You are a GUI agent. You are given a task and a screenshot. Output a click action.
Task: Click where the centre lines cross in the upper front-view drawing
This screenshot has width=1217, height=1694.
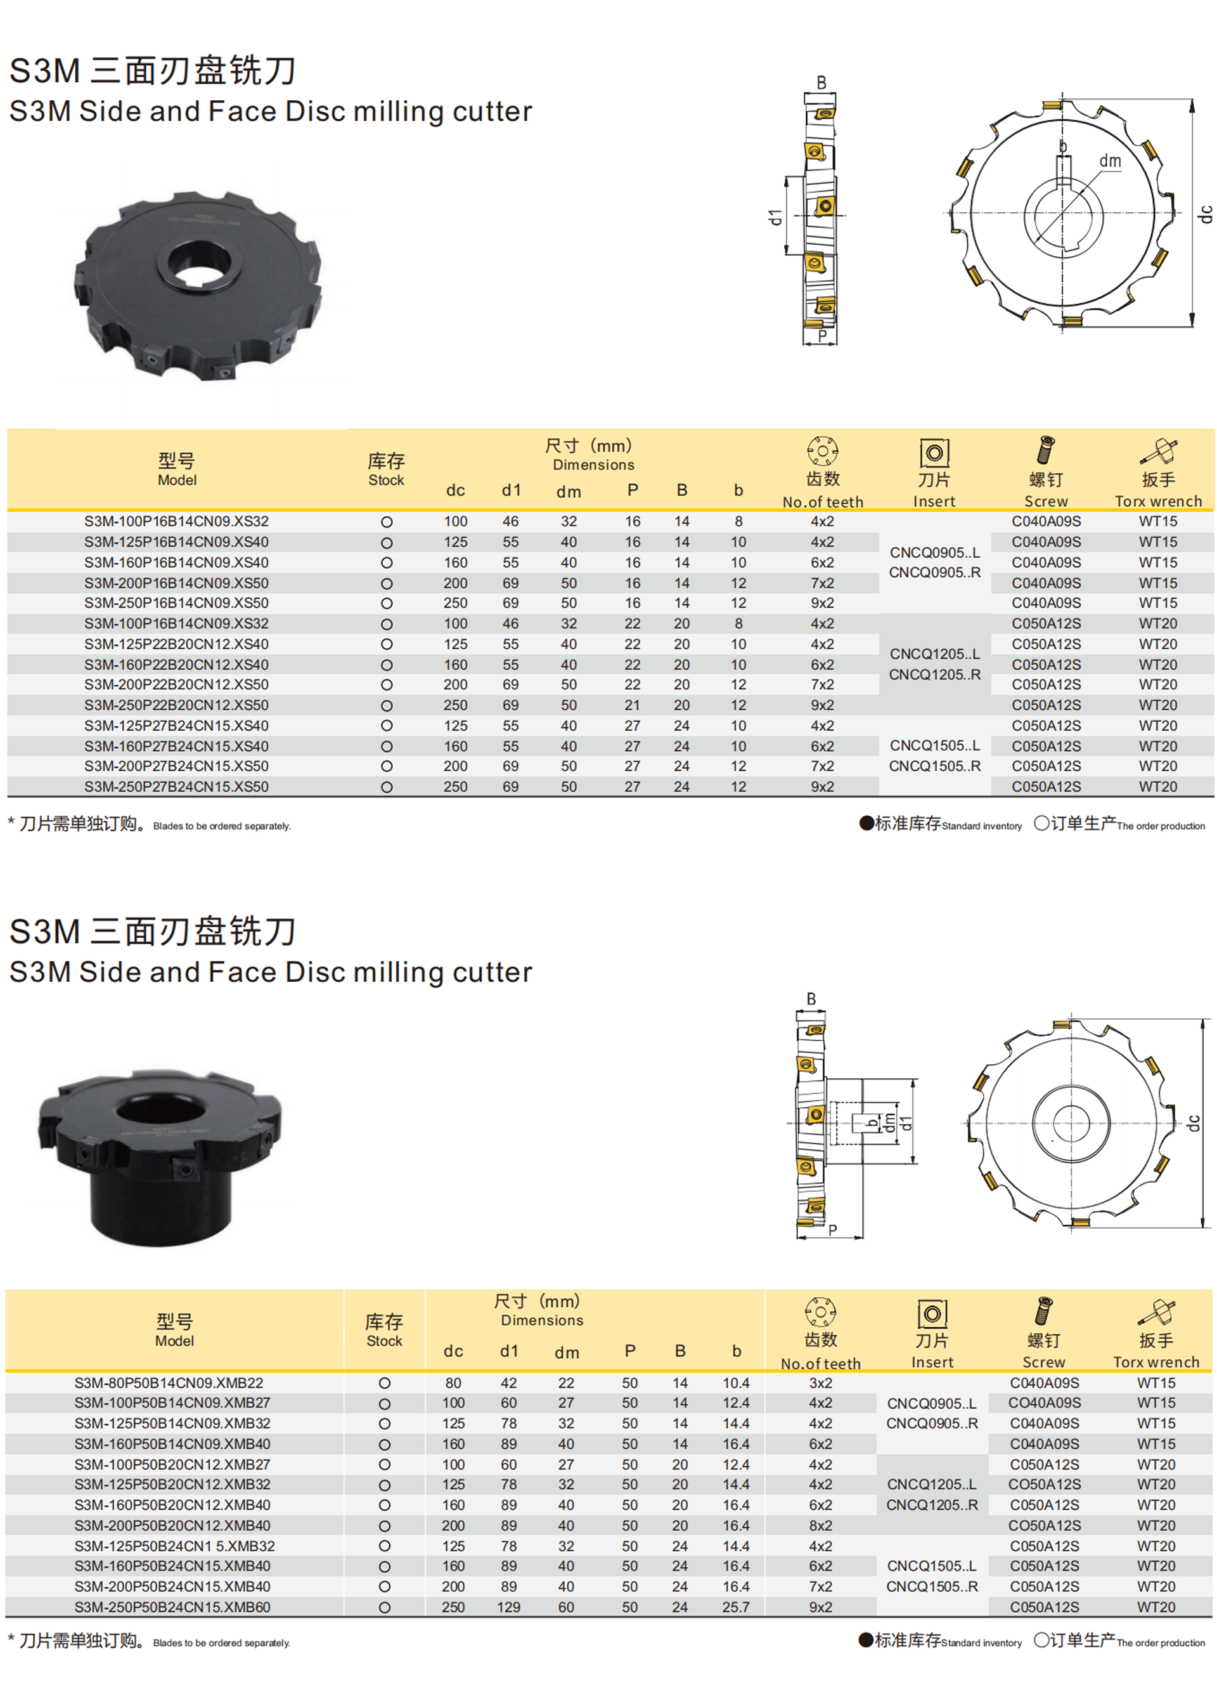[x=1062, y=214]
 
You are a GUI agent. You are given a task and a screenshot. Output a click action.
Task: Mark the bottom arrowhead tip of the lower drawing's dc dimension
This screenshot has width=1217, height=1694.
[x=1203, y=1227]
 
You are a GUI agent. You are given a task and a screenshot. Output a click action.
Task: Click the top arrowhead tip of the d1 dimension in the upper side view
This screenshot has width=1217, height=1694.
[x=785, y=177]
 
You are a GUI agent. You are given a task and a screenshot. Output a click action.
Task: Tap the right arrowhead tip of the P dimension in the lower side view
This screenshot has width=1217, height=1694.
[x=863, y=1237]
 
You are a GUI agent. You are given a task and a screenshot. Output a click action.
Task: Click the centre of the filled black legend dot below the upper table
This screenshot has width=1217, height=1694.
[x=866, y=823]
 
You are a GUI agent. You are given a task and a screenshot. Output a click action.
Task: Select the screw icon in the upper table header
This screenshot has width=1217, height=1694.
[x=1045, y=451]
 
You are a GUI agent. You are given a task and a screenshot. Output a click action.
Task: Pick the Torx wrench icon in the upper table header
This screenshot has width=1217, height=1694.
[x=1158, y=451]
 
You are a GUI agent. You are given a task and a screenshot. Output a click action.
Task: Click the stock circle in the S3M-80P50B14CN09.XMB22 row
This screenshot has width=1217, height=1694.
[x=385, y=1383]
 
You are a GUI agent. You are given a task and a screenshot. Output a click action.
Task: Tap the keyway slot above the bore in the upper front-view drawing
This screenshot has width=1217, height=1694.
[x=1063, y=169]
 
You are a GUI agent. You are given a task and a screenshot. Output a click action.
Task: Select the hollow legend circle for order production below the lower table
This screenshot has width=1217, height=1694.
[x=1041, y=1640]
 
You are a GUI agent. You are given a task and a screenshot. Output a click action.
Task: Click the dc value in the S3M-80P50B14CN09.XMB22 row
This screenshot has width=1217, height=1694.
[x=453, y=1383]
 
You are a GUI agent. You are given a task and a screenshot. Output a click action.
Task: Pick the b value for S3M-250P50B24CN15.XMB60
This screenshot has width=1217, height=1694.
[x=735, y=1606]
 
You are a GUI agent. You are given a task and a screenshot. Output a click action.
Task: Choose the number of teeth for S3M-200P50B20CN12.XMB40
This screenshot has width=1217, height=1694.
[x=821, y=1525]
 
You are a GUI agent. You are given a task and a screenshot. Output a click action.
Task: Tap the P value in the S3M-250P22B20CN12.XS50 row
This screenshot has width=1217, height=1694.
[x=633, y=705]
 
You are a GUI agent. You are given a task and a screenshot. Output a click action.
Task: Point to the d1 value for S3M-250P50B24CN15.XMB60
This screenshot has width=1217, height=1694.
[x=508, y=1606]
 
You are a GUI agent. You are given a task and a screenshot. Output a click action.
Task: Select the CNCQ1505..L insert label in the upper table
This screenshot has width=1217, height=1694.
[x=935, y=745]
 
